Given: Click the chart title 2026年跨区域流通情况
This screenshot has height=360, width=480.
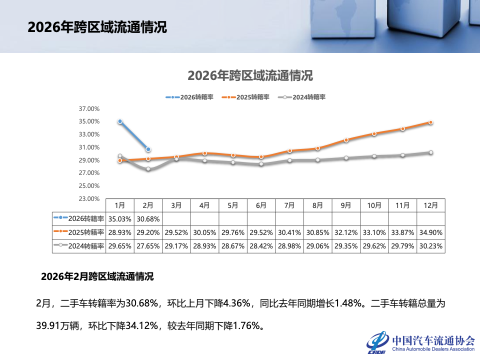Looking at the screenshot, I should tap(250, 75).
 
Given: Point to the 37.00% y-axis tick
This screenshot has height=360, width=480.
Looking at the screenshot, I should tap(90, 108).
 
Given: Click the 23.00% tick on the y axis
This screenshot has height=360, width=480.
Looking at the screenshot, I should tap(90, 198).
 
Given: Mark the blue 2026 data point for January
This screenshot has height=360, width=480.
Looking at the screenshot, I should tap(120, 121).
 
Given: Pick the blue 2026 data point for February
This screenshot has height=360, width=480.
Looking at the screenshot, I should tap(148, 149).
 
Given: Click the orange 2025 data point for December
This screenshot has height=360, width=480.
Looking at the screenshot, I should tap(430, 122).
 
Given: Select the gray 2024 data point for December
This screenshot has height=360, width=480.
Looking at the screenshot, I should tap(430, 152).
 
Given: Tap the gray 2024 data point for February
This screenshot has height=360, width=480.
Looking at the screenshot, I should tap(148, 169).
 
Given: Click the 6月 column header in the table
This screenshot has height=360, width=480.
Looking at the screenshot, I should tap(260, 205).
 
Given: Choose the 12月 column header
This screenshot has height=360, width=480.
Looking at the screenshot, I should tap(430, 205).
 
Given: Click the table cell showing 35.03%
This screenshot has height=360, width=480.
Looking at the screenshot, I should tap(120, 218).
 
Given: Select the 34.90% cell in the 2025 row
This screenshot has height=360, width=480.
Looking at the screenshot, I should tap(430, 232).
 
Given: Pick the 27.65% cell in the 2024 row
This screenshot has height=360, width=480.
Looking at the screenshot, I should tap(148, 246).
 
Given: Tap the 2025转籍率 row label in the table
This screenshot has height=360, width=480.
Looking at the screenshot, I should tap(79, 232).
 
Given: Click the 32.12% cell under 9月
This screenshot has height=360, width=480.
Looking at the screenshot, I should tap(345, 232).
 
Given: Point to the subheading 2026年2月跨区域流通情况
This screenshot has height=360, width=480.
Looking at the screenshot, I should tap(97, 276).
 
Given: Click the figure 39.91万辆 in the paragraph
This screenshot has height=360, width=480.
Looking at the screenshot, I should tap(60, 326).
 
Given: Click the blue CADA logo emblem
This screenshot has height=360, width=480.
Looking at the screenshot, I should tap(377, 342).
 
